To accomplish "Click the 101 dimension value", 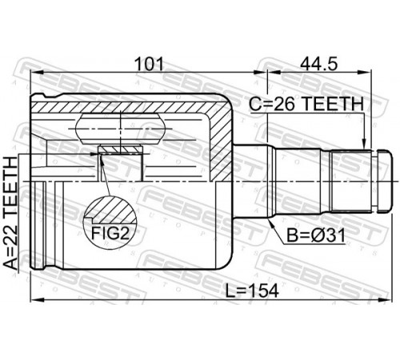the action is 149,64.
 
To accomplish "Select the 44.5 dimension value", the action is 318,64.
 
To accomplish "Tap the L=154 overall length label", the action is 252,290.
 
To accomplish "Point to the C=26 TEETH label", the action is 306,104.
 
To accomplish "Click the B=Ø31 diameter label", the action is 315,235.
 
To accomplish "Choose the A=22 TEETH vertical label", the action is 10,213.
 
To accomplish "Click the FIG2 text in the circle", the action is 110,234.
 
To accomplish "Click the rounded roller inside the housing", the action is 120,129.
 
